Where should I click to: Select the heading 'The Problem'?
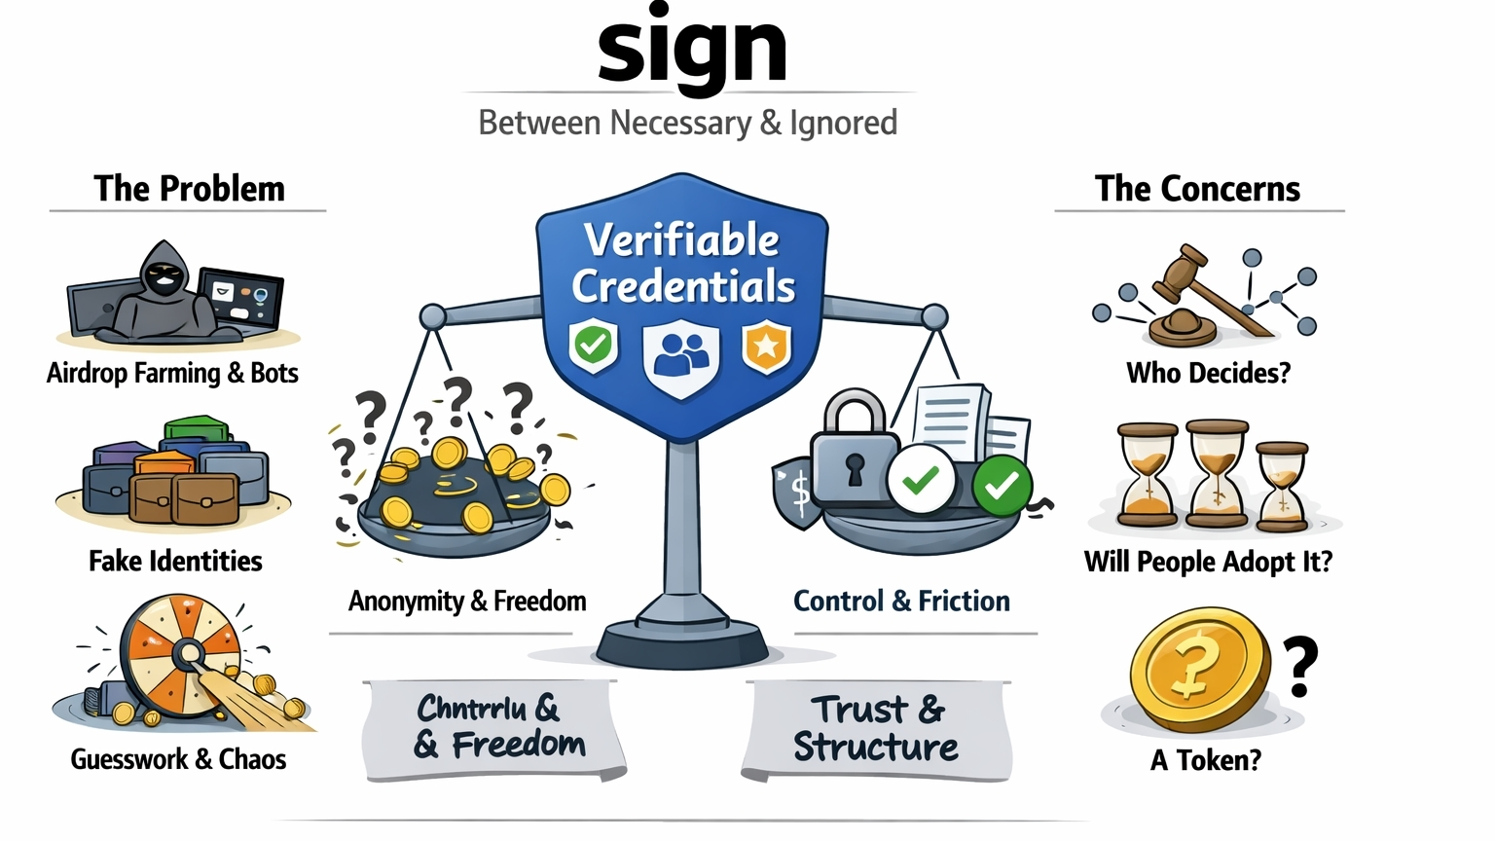coord(189,189)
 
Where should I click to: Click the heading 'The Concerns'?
coord(1197,189)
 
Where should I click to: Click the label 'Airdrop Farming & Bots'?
coord(172,373)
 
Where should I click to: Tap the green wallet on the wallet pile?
coord(196,430)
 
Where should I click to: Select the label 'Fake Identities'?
coord(175,561)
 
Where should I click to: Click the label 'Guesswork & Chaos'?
coord(178,759)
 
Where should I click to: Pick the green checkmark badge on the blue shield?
coord(593,345)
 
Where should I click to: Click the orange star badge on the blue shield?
coord(767,346)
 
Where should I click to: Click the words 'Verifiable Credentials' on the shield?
coord(683,263)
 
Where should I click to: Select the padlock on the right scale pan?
coord(854,448)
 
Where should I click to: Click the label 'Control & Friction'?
coord(901,601)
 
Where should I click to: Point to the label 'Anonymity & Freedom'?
coord(467,601)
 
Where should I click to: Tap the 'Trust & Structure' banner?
coord(876,728)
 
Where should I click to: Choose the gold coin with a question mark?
coord(1199,669)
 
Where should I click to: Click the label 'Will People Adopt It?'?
coord(1208,562)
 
